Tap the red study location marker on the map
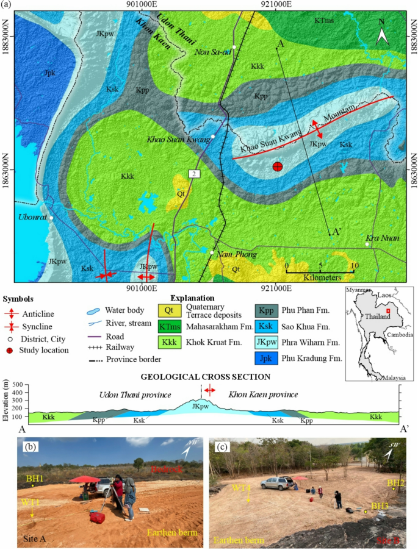tap(278, 166)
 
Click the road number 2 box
tap(194, 174)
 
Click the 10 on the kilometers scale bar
tap(355, 266)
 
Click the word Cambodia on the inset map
tap(403, 335)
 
